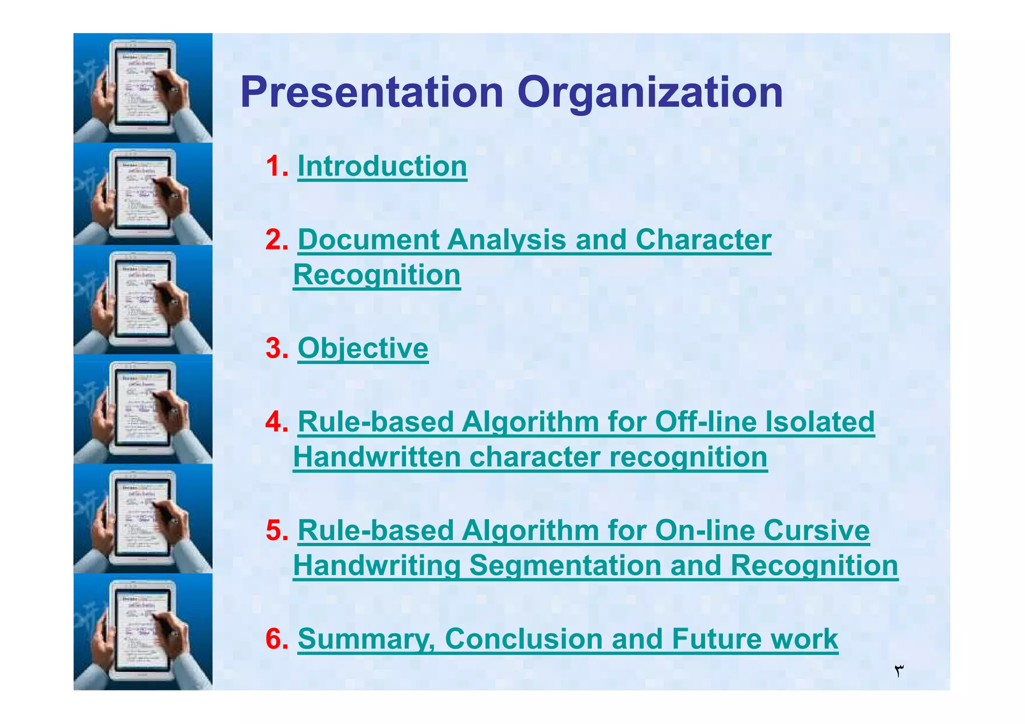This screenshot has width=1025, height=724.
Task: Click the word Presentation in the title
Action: pos(371,92)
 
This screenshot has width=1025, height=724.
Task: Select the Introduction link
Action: pos(382,166)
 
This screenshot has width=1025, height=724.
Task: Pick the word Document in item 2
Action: pos(368,239)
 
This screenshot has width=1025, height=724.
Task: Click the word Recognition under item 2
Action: pos(376,275)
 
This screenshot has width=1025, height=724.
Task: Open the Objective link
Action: pos(363,348)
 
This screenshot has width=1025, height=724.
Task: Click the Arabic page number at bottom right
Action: pos(899,670)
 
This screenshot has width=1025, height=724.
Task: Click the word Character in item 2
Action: pos(703,239)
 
